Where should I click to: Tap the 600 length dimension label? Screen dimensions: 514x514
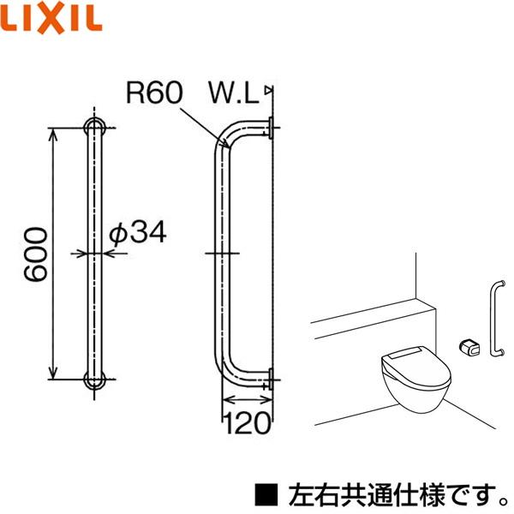[33, 254]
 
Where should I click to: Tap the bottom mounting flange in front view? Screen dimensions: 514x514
[96, 380]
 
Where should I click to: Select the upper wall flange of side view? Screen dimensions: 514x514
[270, 128]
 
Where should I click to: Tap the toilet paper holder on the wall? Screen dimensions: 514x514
[469, 345]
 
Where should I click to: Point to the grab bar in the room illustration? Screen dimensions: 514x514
[494, 317]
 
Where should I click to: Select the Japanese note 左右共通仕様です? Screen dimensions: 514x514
[394, 493]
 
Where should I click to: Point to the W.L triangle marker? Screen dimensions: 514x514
[268, 89]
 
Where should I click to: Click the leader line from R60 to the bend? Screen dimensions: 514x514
[201, 122]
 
